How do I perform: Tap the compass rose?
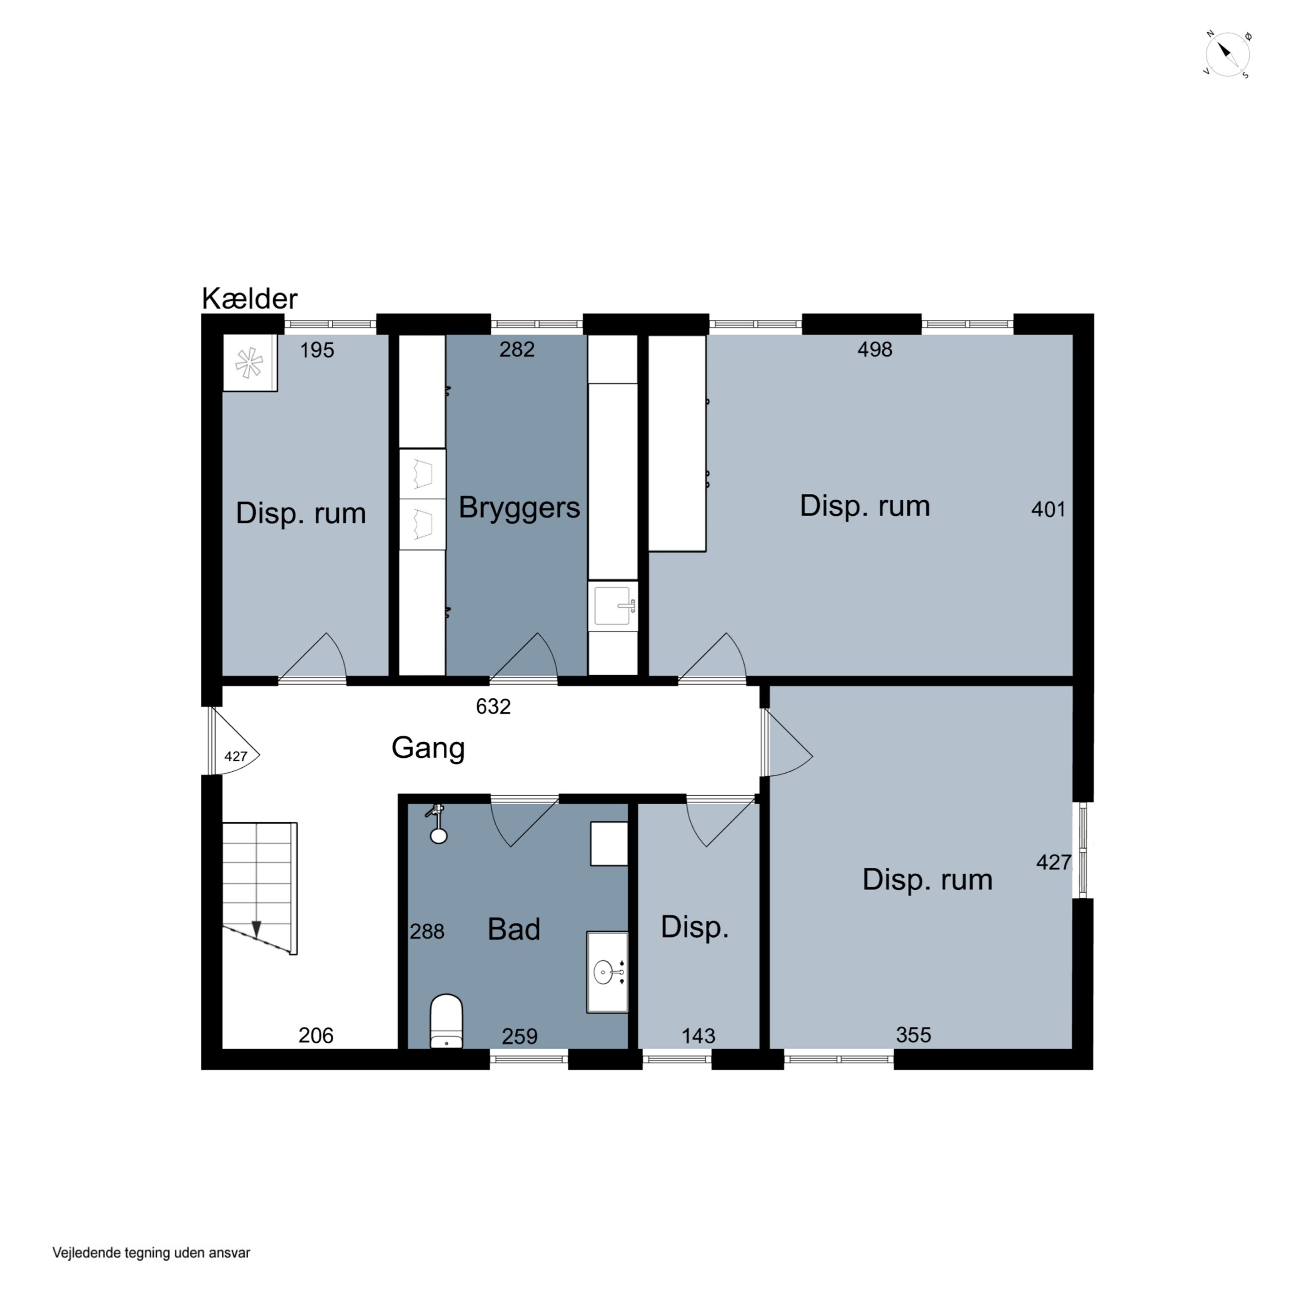[1227, 54]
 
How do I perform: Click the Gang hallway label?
[428, 747]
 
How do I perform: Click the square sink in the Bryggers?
[613, 606]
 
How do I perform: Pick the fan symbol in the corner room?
[249, 363]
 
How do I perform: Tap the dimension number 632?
[493, 707]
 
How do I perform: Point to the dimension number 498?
[875, 349]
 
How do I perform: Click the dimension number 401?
[1049, 509]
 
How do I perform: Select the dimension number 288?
[427, 932]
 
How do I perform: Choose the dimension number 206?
[316, 1036]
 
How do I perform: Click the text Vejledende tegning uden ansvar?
[152, 1253]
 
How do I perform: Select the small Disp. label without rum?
[695, 927]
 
